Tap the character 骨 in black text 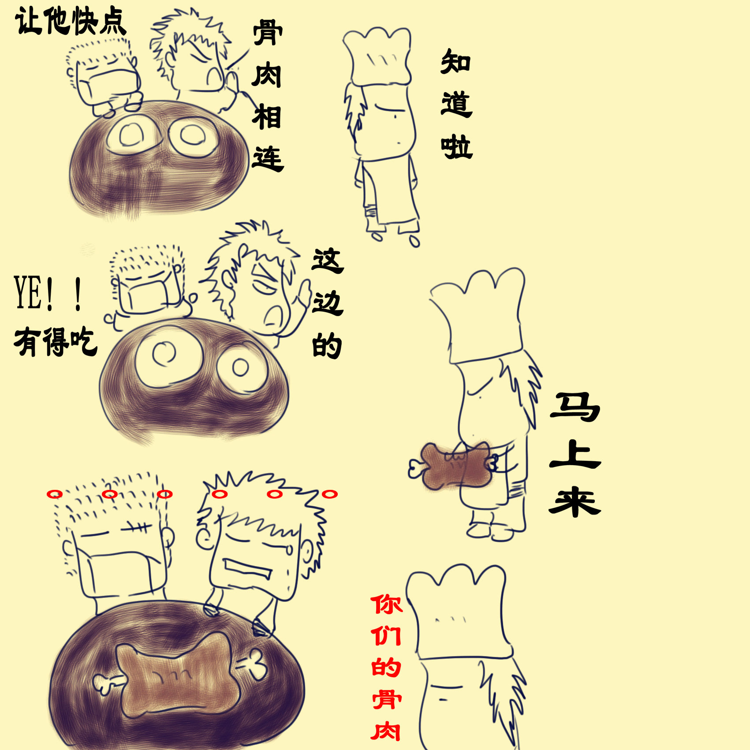(268, 33)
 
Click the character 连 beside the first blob (268, 159)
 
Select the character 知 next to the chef (456, 62)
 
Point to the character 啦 (457, 146)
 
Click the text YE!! (49, 293)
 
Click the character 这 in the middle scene (327, 260)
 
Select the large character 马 (575, 407)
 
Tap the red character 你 (386, 604)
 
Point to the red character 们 (386, 636)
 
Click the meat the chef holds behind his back (454, 466)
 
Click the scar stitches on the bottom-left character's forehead (137, 528)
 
